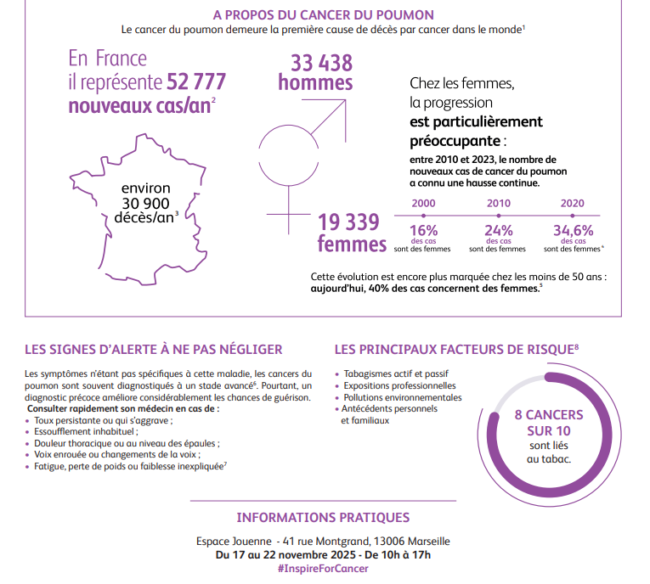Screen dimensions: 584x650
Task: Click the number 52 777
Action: [x=196, y=82]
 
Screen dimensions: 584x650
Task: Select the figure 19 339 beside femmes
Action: [x=348, y=222]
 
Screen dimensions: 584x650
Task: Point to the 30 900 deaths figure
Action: [x=146, y=203]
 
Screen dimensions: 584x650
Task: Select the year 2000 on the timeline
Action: [x=423, y=204]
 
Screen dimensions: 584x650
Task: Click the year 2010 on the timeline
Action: [x=498, y=204]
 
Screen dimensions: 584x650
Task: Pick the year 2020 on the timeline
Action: [x=573, y=204]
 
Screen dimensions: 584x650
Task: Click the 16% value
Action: [x=423, y=230]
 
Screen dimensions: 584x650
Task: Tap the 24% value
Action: [x=498, y=230]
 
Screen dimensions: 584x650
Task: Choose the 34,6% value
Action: [x=573, y=230]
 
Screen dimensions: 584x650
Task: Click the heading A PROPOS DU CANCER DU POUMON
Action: [x=324, y=15]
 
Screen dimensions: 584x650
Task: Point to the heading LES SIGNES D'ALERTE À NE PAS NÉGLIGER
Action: [x=154, y=349]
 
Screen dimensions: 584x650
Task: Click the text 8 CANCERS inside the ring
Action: [x=549, y=415]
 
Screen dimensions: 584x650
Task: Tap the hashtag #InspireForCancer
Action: [x=323, y=569]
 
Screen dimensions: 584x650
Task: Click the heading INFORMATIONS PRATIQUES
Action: [x=323, y=518]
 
